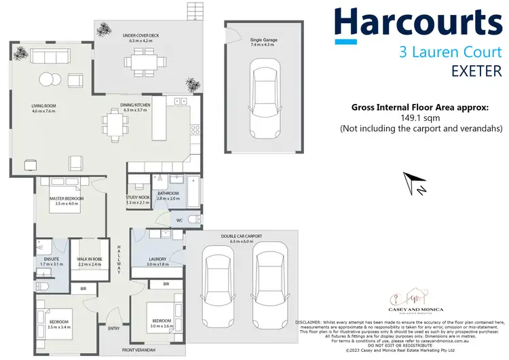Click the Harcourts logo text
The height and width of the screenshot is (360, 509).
419,24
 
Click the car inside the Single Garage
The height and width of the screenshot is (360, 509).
261,98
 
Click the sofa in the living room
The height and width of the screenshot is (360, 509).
52,56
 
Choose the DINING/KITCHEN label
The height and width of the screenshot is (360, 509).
138,105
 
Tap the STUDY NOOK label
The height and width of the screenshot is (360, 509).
137,198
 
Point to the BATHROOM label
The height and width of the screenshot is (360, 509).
168,194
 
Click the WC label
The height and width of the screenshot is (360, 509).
180,219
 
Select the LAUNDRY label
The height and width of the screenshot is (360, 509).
157,259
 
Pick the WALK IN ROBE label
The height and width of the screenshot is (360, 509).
89,259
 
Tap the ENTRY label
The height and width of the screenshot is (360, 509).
115,327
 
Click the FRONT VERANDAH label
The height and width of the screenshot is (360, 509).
138,350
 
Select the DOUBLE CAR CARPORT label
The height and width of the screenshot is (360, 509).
241,236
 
